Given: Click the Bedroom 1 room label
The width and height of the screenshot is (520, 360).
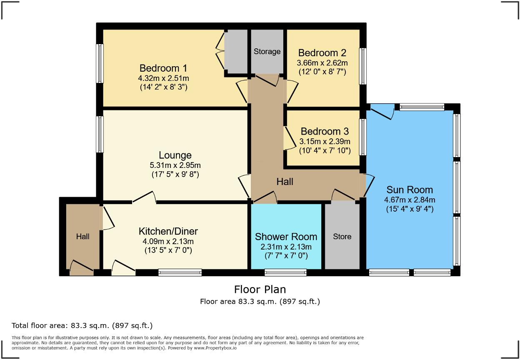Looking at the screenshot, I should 163,68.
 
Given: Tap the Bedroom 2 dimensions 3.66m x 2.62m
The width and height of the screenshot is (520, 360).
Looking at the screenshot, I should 322,63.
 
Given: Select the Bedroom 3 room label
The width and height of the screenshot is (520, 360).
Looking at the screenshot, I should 325,132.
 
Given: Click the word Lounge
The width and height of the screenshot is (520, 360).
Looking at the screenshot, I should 175,156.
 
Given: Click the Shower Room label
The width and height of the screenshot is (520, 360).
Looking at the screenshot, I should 286,237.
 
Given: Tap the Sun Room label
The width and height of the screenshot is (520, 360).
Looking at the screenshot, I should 410,190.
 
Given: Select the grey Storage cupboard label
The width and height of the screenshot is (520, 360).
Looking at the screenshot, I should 267,52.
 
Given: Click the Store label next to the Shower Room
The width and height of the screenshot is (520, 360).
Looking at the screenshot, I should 342,237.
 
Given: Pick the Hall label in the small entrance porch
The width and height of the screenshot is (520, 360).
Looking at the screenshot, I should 82,237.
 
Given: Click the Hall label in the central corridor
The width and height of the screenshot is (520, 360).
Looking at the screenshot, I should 285,182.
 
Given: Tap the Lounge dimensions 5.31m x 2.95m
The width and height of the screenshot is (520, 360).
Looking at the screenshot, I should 175,165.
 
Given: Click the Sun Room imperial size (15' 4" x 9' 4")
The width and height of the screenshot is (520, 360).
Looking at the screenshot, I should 410,209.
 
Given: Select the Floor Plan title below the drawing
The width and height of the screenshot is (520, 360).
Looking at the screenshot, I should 260,289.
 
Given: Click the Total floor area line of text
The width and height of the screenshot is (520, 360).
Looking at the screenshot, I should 82,326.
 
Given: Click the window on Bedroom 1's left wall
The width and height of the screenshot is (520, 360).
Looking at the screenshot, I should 100,63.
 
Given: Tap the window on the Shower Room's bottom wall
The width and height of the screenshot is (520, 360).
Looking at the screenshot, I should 285,273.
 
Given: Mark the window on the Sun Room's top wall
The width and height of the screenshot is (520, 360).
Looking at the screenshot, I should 422,107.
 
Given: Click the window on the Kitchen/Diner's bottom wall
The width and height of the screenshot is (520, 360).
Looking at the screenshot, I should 180,273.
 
